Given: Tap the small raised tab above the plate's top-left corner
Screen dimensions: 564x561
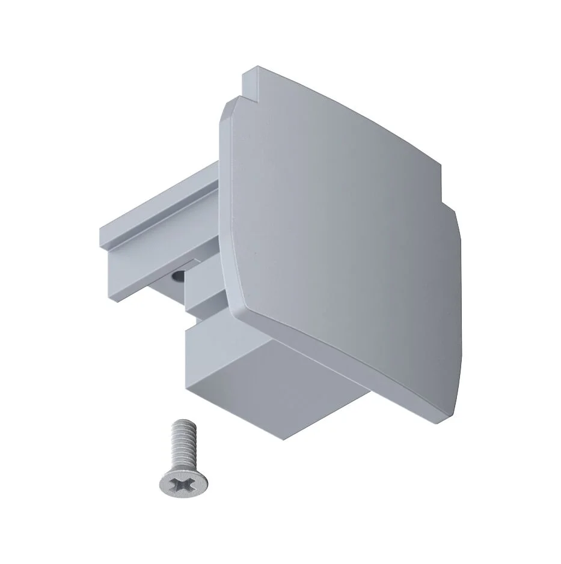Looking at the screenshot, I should coord(248,84).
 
